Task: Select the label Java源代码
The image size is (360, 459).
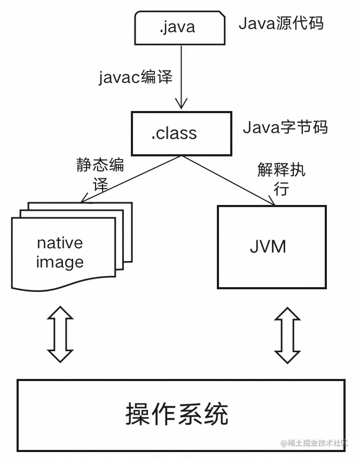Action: pyautogui.click(x=280, y=23)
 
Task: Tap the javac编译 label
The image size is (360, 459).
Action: pyautogui.click(x=136, y=77)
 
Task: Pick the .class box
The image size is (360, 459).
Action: pyautogui.click(x=182, y=132)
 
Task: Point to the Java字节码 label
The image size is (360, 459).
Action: pyautogui.click(x=285, y=128)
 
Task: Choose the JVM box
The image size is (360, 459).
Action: pyautogui.click(x=271, y=247)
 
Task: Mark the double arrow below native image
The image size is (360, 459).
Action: pyautogui.click(x=60, y=335)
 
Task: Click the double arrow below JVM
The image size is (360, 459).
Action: pyautogui.click(x=287, y=335)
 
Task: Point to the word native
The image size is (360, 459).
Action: pyautogui.click(x=60, y=243)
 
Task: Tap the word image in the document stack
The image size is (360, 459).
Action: pyautogui.click(x=60, y=262)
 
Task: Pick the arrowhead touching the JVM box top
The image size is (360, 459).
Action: pyautogui.click(x=271, y=202)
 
